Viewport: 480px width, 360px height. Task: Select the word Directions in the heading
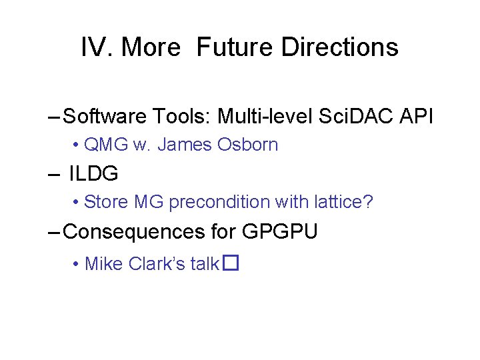click(x=340, y=47)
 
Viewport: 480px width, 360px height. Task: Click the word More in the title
click(x=151, y=47)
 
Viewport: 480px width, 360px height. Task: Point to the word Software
click(x=106, y=117)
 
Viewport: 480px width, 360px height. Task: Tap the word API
click(x=416, y=117)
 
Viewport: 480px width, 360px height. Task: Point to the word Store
click(x=106, y=201)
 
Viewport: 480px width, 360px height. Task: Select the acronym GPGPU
click(x=280, y=231)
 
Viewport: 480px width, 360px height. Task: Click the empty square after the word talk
click(x=231, y=264)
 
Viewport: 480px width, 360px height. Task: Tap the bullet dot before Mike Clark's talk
click(x=77, y=265)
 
